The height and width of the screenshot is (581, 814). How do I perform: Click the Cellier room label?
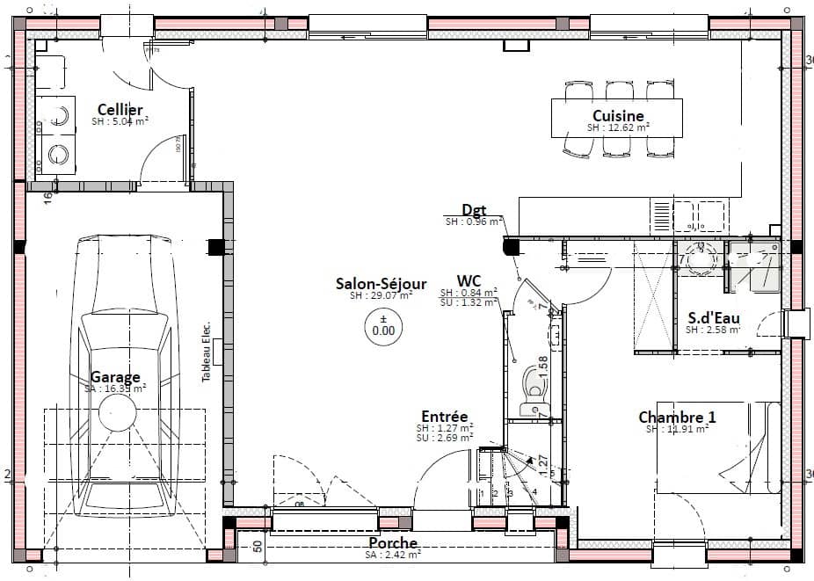(x=120, y=110)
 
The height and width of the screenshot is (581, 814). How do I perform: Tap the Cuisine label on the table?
(x=618, y=116)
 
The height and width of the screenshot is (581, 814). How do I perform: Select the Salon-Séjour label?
(x=381, y=284)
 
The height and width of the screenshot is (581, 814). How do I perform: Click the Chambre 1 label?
(x=677, y=417)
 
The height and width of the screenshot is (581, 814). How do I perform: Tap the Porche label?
(x=393, y=543)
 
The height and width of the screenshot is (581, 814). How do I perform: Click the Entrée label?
(x=444, y=417)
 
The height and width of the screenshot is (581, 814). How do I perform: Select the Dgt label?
(x=475, y=210)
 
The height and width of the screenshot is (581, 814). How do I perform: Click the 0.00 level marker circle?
(x=383, y=327)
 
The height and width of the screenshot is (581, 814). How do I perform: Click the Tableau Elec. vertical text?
(x=207, y=349)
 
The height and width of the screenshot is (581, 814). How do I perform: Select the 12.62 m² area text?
(x=618, y=127)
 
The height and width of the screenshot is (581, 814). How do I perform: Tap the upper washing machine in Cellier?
(x=57, y=114)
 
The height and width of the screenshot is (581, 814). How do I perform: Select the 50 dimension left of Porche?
(x=258, y=545)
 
